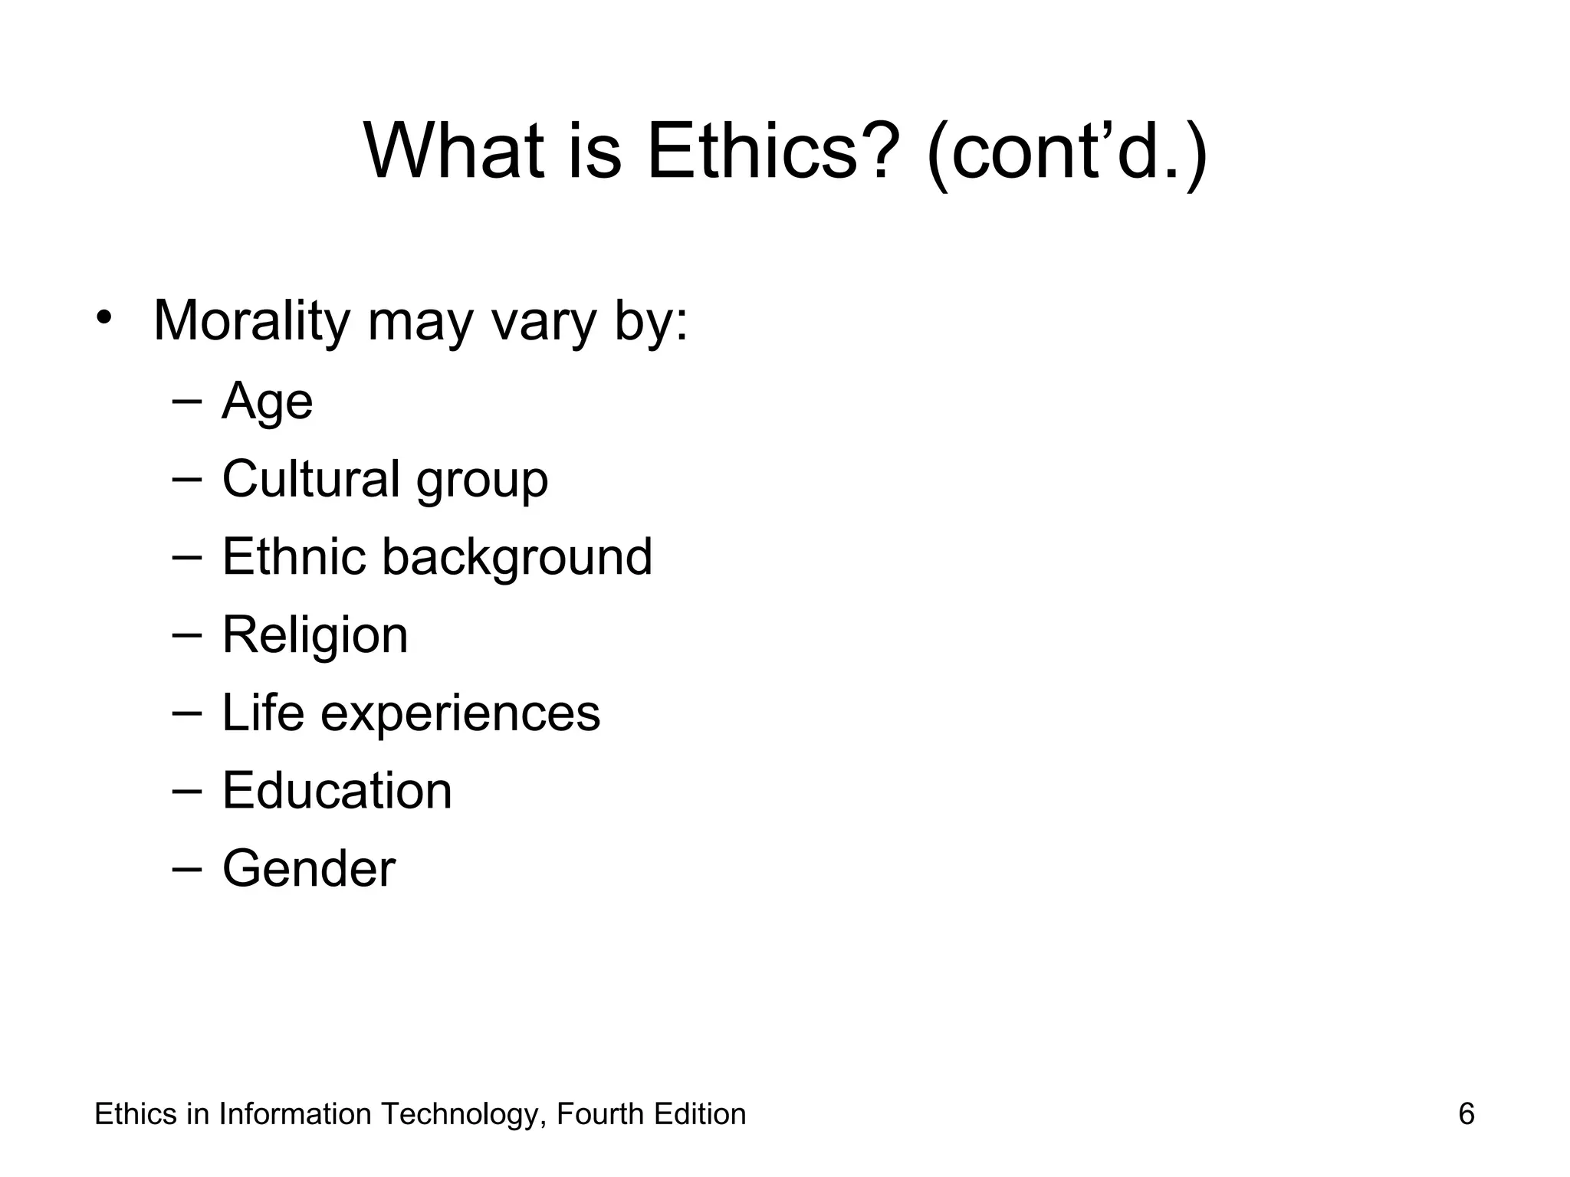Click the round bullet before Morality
click(104, 318)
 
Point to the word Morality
click(251, 322)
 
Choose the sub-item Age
click(267, 402)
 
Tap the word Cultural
click(310, 479)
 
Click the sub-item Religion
click(315, 636)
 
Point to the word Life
click(263, 713)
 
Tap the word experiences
click(460, 716)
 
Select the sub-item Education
click(337, 791)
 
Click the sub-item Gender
click(309, 869)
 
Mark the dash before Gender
click(187, 869)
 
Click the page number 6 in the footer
click(1466, 1114)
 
